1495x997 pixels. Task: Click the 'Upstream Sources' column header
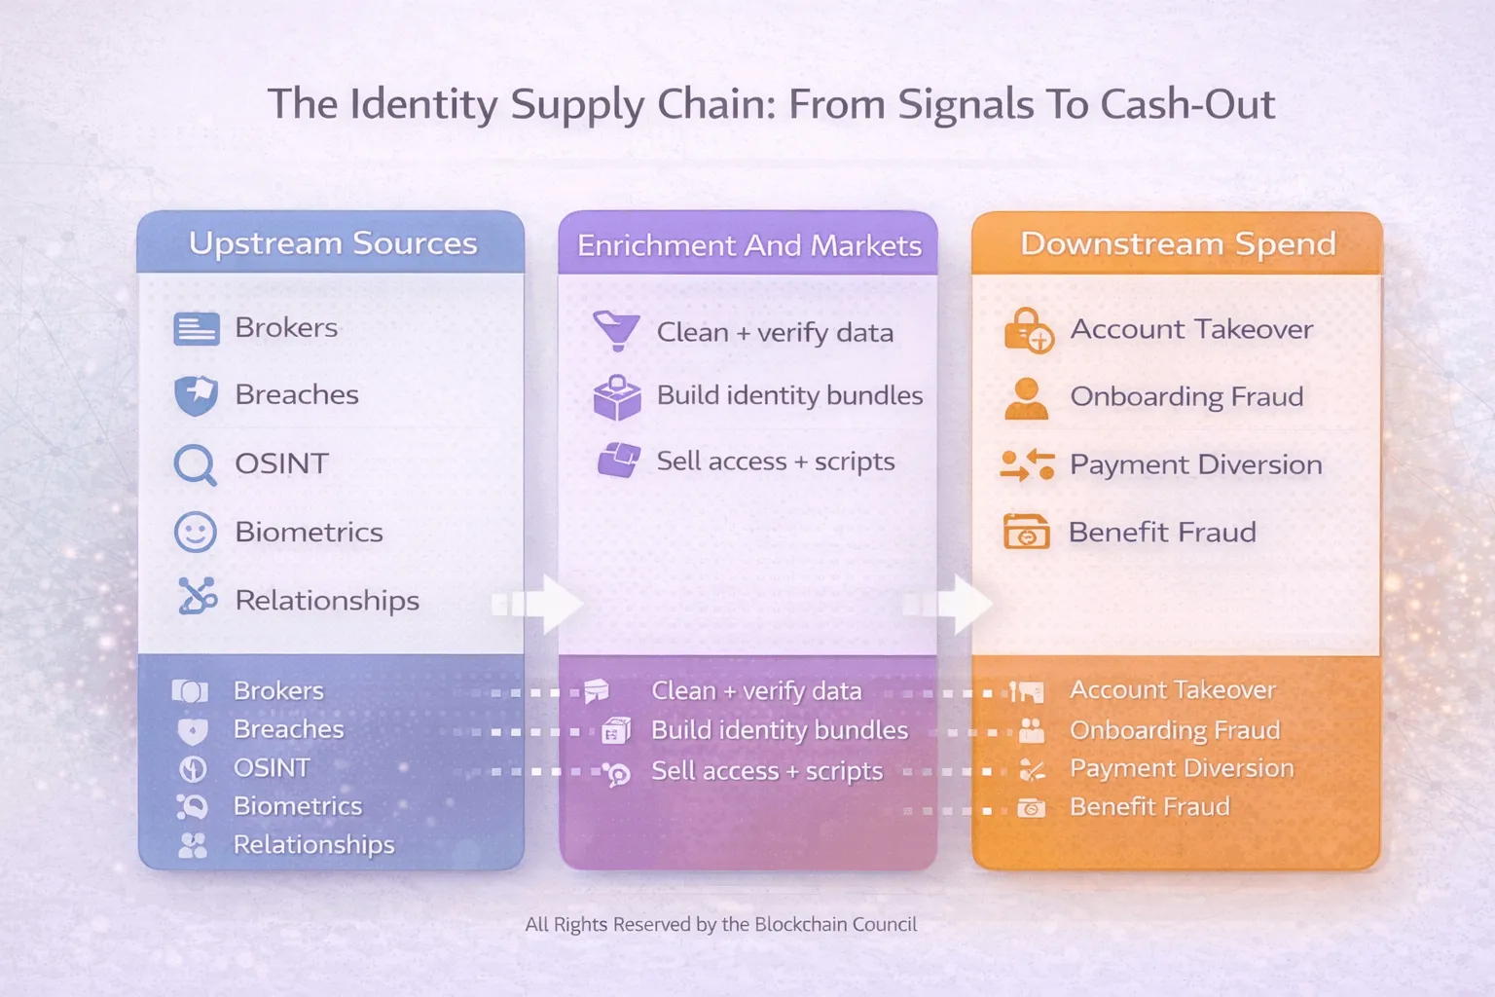(332, 242)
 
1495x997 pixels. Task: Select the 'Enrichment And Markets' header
(748, 245)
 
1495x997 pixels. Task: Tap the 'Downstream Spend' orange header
(1178, 243)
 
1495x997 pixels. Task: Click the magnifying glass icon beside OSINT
(195, 464)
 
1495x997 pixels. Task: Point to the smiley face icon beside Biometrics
(195, 533)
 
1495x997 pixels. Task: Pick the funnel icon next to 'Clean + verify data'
(616, 331)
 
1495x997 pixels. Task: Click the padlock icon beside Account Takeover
(1028, 330)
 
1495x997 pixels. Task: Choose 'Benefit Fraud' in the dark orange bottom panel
(1149, 807)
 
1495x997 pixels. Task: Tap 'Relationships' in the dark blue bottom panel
(313, 844)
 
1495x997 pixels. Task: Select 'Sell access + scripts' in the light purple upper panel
(775, 462)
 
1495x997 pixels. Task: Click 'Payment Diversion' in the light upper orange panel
(1195, 464)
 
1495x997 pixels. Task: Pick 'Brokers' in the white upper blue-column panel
(286, 327)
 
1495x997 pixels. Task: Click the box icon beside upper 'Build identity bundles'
(617, 397)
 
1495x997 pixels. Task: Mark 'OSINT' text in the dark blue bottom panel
(272, 768)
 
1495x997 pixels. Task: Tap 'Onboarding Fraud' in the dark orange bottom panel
(1174, 730)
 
